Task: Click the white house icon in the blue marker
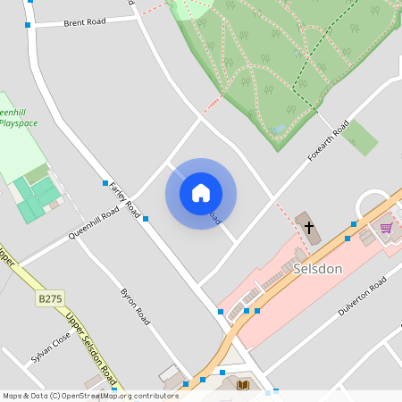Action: pyautogui.click(x=201, y=193)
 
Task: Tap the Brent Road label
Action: pyautogui.click(x=85, y=22)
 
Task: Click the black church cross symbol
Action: pyautogui.click(x=309, y=227)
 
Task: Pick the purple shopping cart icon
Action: pyautogui.click(x=386, y=228)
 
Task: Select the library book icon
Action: pyautogui.click(x=243, y=385)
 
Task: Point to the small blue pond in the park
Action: pyautogui.click(x=280, y=128)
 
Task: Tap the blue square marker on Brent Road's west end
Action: pyautogui.click(x=29, y=26)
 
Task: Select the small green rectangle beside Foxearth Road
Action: pyautogui.click(x=360, y=137)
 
